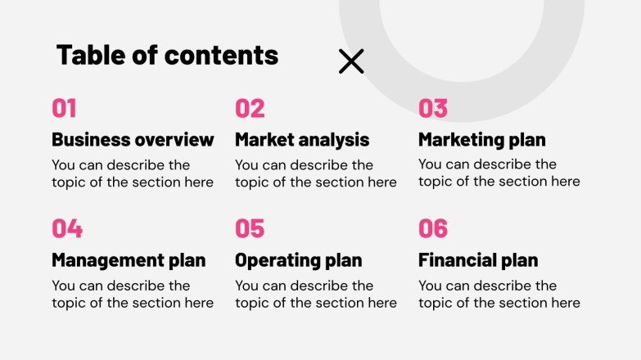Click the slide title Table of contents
coord(167,56)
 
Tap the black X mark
coord(351,61)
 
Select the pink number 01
coord(64,109)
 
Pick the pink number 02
coord(250,109)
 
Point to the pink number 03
coord(433,109)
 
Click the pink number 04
coord(67,228)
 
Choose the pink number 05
coord(250,228)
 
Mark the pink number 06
coord(433,228)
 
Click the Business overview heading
coord(133,140)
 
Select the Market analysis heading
coord(302,140)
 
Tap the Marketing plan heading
coord(481,140)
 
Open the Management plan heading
coord(129,261)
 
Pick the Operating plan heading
coord(298,261)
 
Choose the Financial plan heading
coord(478,261)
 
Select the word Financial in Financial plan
coord(458,261)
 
